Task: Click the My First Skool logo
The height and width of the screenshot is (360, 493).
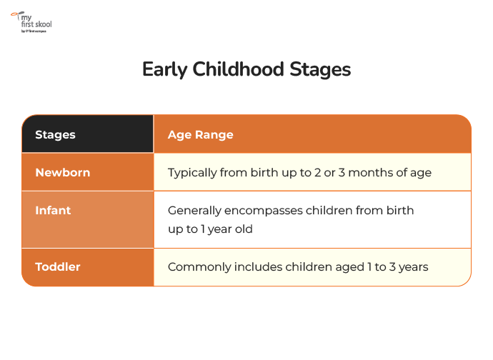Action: (x=31, y=22)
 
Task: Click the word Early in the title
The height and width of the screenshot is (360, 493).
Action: (x=165, y=69)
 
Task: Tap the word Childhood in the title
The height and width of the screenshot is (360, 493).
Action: (x=239, y=69)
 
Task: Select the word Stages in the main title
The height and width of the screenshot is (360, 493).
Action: (x=320, y=69)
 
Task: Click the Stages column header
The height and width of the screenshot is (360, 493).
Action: (x=55, y=134)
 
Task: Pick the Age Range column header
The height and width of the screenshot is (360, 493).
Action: (x=201, y=134)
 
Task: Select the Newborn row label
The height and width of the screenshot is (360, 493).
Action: (x=63, y=172)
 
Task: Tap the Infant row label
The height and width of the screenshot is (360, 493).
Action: (x=53, y=210)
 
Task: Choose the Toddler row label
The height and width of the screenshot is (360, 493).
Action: (x=58, y=266)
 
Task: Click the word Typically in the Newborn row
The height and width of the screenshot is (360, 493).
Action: (x=192, y=173)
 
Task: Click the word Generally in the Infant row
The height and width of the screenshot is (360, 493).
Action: (x=194, y=211)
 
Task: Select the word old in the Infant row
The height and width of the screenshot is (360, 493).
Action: (x=244, y=229)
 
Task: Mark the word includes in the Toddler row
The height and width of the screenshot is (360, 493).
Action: (x=258, y=266)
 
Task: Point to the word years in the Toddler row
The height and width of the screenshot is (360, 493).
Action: (x=413, y=268)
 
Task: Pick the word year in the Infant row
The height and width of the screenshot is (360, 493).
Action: (x=220, y=230)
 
